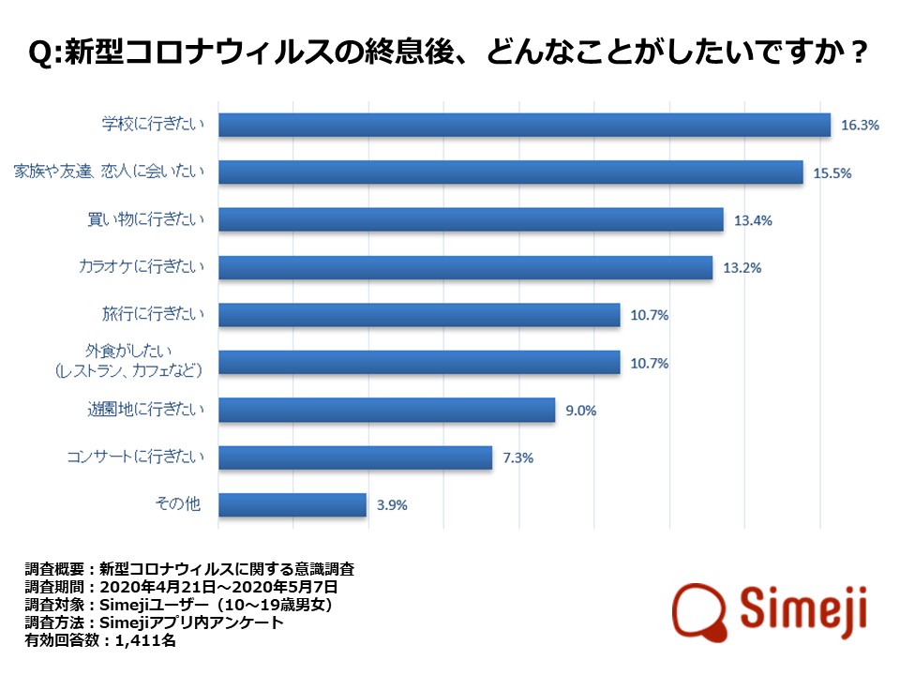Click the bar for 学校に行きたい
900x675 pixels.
coord(525,125)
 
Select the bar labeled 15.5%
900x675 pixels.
coord(511,172)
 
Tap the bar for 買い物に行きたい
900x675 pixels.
coord(471,219)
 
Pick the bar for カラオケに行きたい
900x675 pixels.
coord(465,267)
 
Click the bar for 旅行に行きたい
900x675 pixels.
coord(419,315)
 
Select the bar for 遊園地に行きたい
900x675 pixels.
coord(386,410)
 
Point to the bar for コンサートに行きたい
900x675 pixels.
coord(355,457)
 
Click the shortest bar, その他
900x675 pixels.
coord(292,505)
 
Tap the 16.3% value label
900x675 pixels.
coord(860,125)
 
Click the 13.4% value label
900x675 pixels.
coord(753,220)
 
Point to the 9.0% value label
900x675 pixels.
coord(581,410)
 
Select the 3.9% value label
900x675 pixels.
coord(392,505)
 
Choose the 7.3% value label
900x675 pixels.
coord(518,457)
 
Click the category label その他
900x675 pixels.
coord(178,505)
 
